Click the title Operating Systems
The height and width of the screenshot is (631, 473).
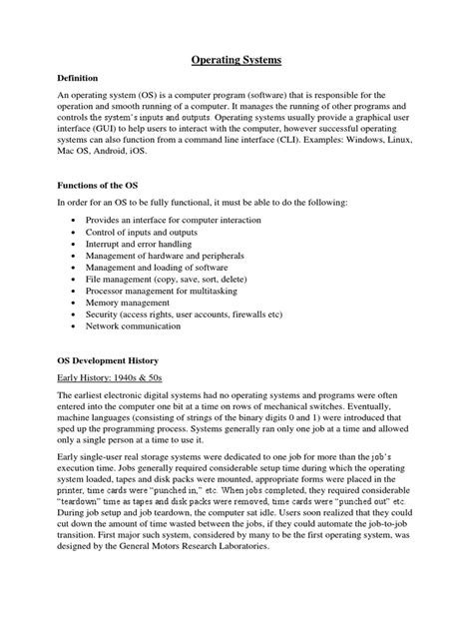tap(236, 61)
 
